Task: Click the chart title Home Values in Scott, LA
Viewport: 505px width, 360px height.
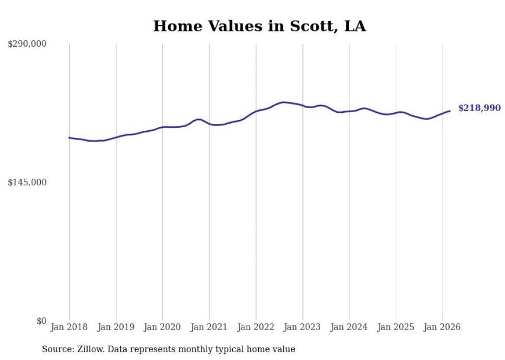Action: (259, 26)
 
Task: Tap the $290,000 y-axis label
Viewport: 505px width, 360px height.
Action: (27, 44)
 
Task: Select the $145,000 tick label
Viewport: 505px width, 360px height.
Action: (27, 182)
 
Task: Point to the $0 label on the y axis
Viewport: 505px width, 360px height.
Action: (41, 321)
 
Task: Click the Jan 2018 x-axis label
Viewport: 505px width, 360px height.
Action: (69, 327)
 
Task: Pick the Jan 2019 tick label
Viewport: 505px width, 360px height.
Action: (115, 327)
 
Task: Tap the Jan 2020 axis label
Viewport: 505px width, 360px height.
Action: (162, 327)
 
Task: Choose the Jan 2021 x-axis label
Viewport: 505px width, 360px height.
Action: (209, 327)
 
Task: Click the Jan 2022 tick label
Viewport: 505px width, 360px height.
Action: (256, 327)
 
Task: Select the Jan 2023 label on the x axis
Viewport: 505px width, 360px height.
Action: (302, 327)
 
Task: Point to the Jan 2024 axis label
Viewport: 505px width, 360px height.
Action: (349, 327)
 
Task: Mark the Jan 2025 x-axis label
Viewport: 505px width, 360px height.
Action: (396, 327)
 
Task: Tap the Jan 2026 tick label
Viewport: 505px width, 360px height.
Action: (442, 327)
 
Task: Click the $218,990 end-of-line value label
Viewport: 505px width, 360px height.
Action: (479, 108)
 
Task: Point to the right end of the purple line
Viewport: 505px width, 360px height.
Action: (450, 111)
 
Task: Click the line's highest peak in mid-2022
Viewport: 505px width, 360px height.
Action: (283, 102)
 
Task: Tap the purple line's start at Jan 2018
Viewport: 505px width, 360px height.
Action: (69, 138)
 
